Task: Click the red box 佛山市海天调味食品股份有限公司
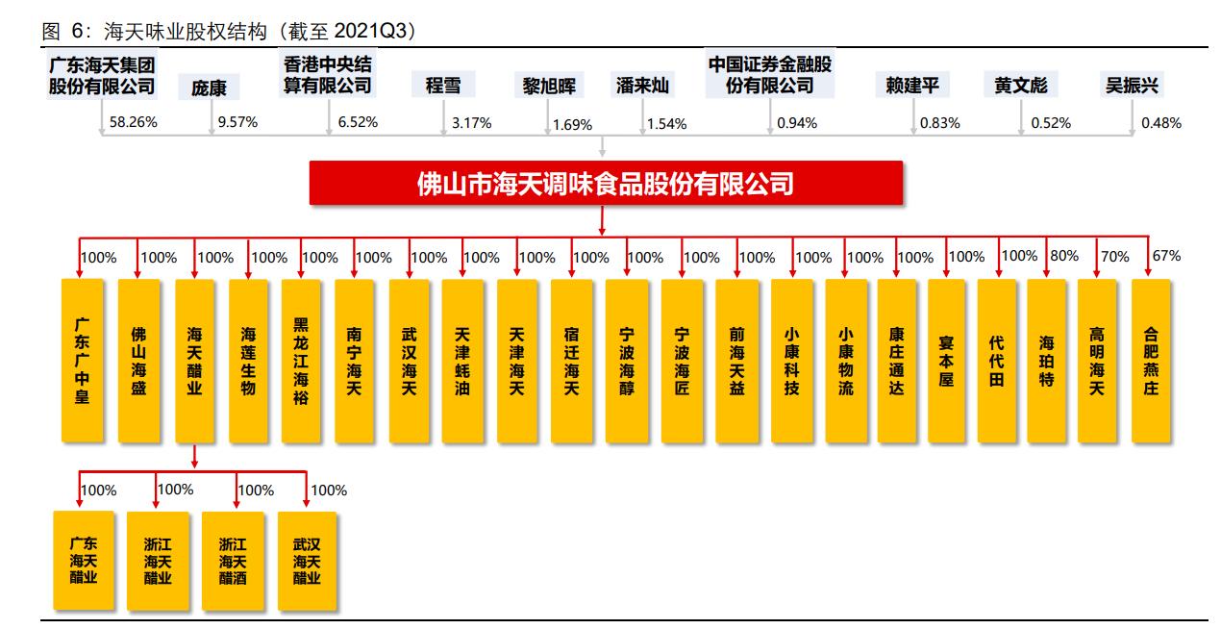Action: [x=606, y=183]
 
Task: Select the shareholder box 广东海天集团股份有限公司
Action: [x=102, y=76]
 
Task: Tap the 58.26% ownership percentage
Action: [x=134, y=122]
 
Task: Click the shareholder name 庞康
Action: [x=209, y=88]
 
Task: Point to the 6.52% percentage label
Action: [x=358, y=122]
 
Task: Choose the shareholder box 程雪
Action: [x=443, y=86]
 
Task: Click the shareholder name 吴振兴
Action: [x=1132, y=86]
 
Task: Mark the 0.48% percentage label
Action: [x=1161, y=123]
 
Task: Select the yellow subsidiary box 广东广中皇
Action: [x=82, y=361]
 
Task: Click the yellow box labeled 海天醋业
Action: [x=194, y=361]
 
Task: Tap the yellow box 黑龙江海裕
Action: [x=302, y=361]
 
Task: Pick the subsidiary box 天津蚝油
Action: [x=462, y=361]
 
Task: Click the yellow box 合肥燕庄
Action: [x=1151, y=361]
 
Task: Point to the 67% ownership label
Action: [x=1167, y=256]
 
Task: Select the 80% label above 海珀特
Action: [x=1064, y=256]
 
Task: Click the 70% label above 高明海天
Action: [x=1115, y=256]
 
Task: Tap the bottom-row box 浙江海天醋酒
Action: [x=232, y=561]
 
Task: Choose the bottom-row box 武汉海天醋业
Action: [x=307, y=561]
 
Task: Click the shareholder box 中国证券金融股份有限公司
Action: [x=769, y=75]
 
